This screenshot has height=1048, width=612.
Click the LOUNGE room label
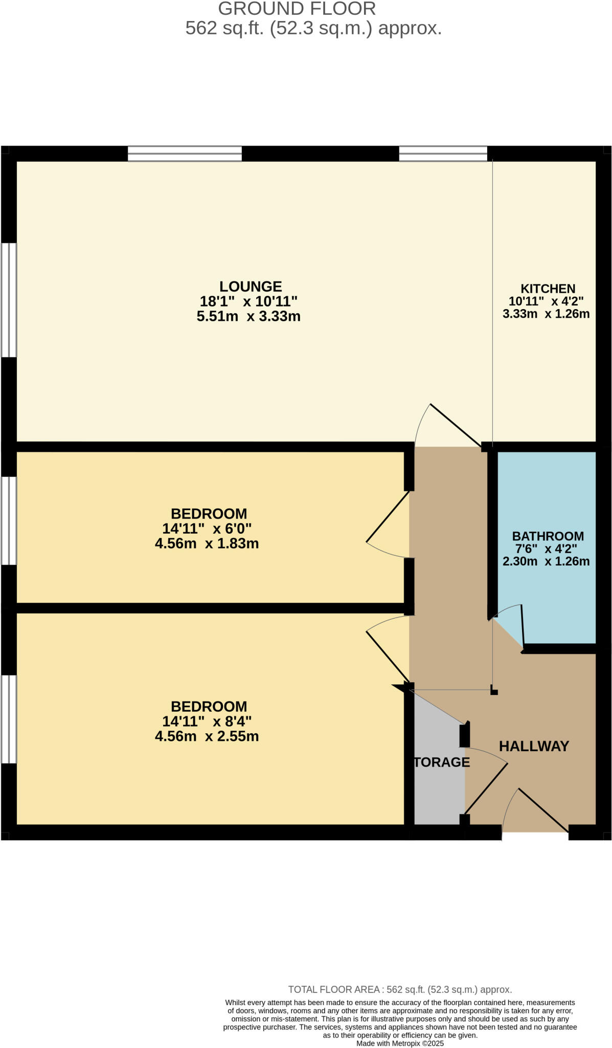coord(251,287)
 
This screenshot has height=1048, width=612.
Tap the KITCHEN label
coord(548,289)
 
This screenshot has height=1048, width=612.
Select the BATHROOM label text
coord(548,536)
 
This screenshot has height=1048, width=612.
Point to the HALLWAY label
coord(534,746)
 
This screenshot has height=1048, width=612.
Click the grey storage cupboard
coord(439,768)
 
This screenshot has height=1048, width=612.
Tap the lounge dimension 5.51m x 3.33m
coord(248,316)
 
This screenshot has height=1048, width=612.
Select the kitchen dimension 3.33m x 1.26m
coord(546,314)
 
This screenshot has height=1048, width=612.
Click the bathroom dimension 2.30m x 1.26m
coord(546,561)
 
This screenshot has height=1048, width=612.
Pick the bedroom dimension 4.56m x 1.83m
coord(207,543)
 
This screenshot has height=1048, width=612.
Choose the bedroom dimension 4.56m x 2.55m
coord(207,736)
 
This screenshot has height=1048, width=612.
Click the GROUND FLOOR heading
coord(297,9)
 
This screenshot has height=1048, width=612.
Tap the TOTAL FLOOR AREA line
coord(400,990)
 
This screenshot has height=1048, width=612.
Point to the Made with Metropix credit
coord(400,1043)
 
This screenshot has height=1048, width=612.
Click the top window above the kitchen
coord(443,154)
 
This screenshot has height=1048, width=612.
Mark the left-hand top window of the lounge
coord(185,154)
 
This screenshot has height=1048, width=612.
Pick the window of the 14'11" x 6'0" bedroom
coord(9,521)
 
